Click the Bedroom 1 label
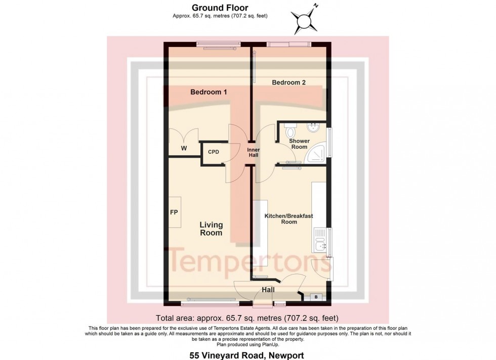pos(209,92)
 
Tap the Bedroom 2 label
pos(288,82)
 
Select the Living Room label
pos(211,229)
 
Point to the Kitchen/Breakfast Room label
pos(288,219)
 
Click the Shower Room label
pos(299,144)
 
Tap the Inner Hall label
pos(253,153)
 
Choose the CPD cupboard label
pos(214,152)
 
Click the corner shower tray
pos(318,151)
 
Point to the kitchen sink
pos(320,246)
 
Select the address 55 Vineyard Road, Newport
pos(247,355)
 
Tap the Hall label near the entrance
pos(268,290)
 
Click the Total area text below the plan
pos(247,318)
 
